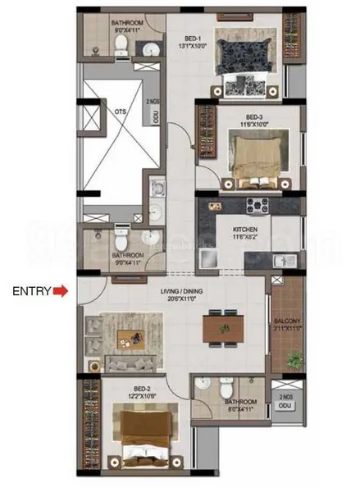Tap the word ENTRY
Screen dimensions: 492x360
point(30,290)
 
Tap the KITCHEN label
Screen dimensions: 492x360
point(245,229)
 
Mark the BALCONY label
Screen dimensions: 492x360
point(286,321)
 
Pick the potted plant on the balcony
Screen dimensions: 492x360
point(294,359)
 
